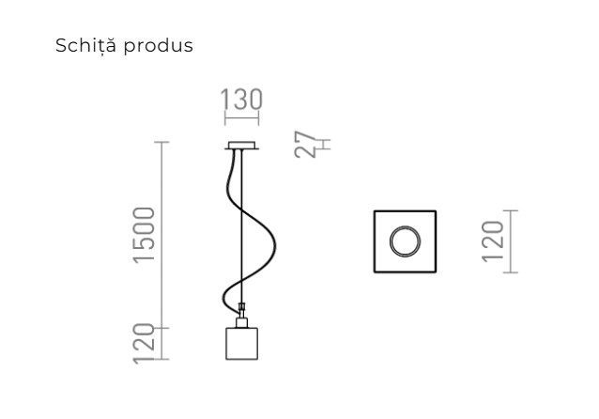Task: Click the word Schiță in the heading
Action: tap(83, 45)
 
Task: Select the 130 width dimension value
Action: tap(242, 101)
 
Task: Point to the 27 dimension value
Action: tap(307, 146)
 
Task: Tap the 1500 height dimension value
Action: tap(144, 235)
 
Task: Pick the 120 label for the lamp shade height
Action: tap(144, 342)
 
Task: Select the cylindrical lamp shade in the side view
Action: tap(242, 343)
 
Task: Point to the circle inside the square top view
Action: tap(406, 241)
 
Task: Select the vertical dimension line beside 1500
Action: tap(163, 235)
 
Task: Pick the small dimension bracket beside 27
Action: tap(322, 145)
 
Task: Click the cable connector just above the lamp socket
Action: tap(242, 306)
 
